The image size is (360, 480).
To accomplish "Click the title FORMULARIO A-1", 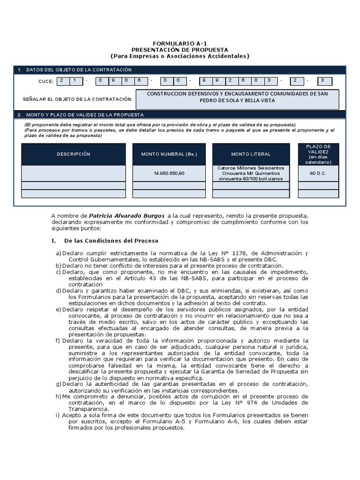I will click(180, 43).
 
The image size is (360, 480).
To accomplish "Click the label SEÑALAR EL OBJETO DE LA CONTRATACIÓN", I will click(78, 99).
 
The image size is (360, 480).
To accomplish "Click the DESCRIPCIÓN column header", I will click(74, 154).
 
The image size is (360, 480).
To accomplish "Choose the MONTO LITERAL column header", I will click(251, 154).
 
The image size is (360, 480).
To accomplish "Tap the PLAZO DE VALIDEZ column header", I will click(318, 154).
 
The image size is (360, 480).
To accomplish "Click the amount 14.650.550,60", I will click(169, 173).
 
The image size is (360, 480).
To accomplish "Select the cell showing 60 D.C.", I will click(318, 173).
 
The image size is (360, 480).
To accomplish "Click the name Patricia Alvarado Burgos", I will click(127, 215).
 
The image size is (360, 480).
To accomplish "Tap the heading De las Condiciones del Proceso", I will click(111, 240).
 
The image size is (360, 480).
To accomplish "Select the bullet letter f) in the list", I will click(58, 341).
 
